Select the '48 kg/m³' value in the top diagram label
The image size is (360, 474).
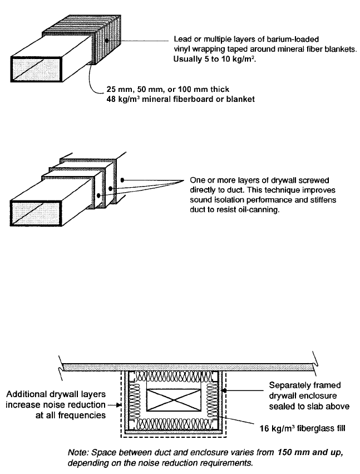point(122,99)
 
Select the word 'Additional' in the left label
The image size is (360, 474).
point(28,394)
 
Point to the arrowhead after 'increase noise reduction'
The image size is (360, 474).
point(118,405)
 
